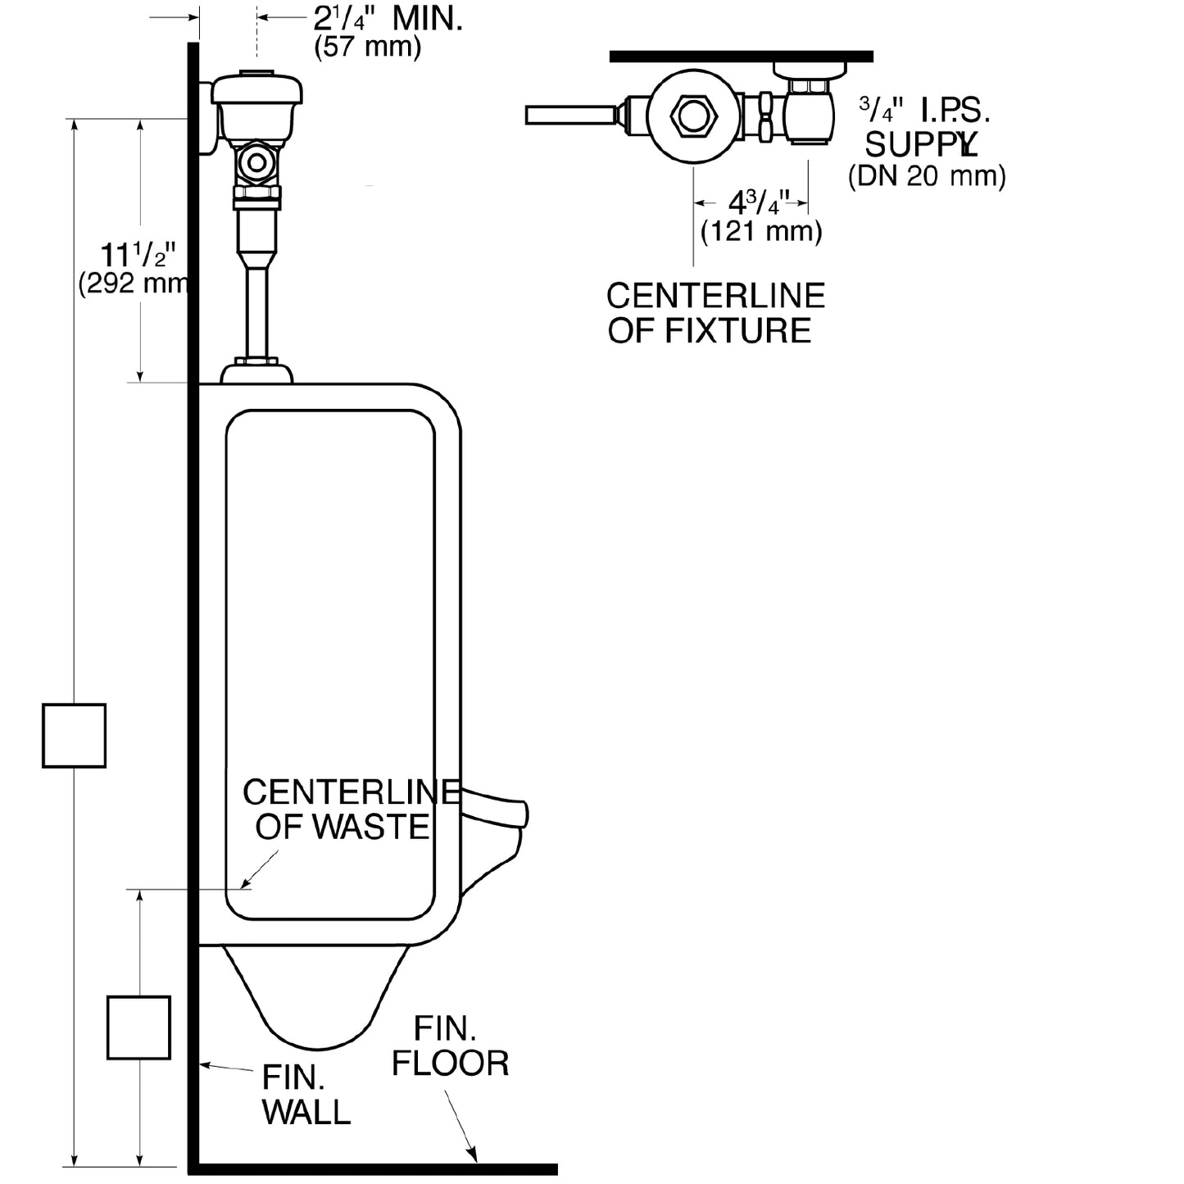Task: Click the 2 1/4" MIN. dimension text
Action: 388,18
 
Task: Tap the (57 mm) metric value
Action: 368,47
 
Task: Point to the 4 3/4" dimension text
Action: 759,202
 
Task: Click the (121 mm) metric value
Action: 761,231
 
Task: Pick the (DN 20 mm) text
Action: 927,175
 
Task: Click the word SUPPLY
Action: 921,144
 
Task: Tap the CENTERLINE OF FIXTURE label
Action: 715,313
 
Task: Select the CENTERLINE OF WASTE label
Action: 348,810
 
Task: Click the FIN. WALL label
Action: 306,1095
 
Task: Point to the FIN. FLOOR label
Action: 450,1046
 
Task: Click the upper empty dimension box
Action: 74,735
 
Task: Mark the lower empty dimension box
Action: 138,1027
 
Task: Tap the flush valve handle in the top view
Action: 570,115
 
